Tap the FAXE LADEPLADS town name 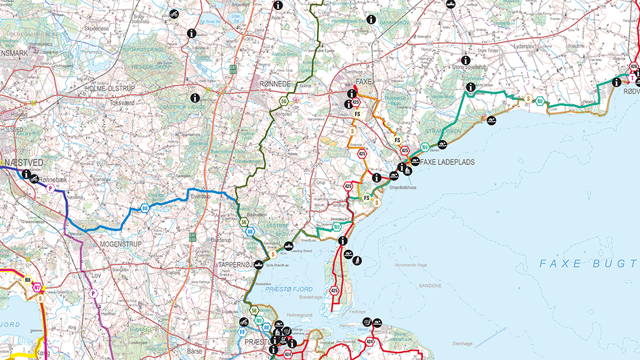coord(447,162)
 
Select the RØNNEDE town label coord(276,82)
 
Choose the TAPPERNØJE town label coord(236,265)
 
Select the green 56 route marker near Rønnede coord(284,101)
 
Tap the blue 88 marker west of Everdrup coord(145,209)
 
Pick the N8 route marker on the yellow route coord(27,280)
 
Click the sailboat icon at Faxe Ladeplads coord(409,170)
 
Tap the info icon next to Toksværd coord(194,97)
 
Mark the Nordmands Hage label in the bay coord(409,265)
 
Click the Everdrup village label coord(202,195)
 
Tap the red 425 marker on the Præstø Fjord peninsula coord(334,291)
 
